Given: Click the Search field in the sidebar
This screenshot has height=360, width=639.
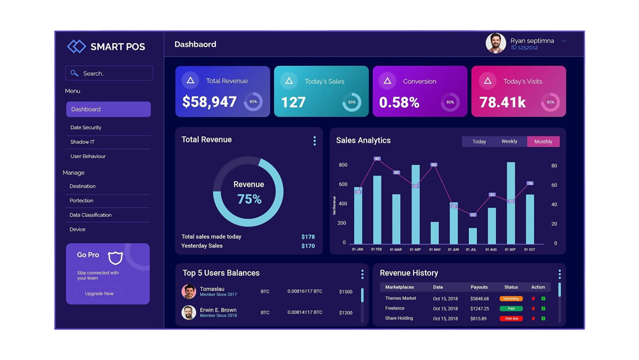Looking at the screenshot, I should tap(109, 74).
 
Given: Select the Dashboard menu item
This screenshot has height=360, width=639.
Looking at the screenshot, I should tap(108, 109).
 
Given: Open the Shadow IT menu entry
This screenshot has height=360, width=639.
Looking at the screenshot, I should tap(82, 142).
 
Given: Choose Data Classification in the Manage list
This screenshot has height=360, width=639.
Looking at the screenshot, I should tap(90, 215).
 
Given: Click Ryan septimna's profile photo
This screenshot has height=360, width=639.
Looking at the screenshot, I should tap(495, 43).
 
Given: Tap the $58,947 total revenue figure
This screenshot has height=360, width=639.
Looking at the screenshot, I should tap(209, 102).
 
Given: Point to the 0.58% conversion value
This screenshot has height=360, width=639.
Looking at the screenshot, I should tap(399, 102).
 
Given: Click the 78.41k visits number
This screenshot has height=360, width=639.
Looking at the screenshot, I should tap(502, 102).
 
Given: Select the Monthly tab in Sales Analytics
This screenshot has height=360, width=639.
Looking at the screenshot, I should tap(543, 141).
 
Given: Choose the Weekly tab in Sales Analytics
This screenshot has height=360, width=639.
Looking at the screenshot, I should tap(509, 141).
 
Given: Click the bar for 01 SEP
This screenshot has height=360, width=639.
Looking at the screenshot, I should tap(511, 203).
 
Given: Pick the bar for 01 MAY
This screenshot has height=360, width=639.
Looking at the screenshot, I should tap(435, 233).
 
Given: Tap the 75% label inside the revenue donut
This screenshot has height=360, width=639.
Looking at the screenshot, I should tap(249, 200).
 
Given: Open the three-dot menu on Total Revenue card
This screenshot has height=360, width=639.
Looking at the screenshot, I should tap(314, 141).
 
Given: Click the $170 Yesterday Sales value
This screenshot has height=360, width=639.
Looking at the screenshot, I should tap(308, 246).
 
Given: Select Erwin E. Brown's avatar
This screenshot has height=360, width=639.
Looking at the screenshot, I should tap(189, 312).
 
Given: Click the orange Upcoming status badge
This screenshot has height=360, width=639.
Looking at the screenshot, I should tap(511, 299).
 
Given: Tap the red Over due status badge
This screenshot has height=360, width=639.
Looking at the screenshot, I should tap(511, 318).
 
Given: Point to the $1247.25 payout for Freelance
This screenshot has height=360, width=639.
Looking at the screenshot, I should tap(479, 308).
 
